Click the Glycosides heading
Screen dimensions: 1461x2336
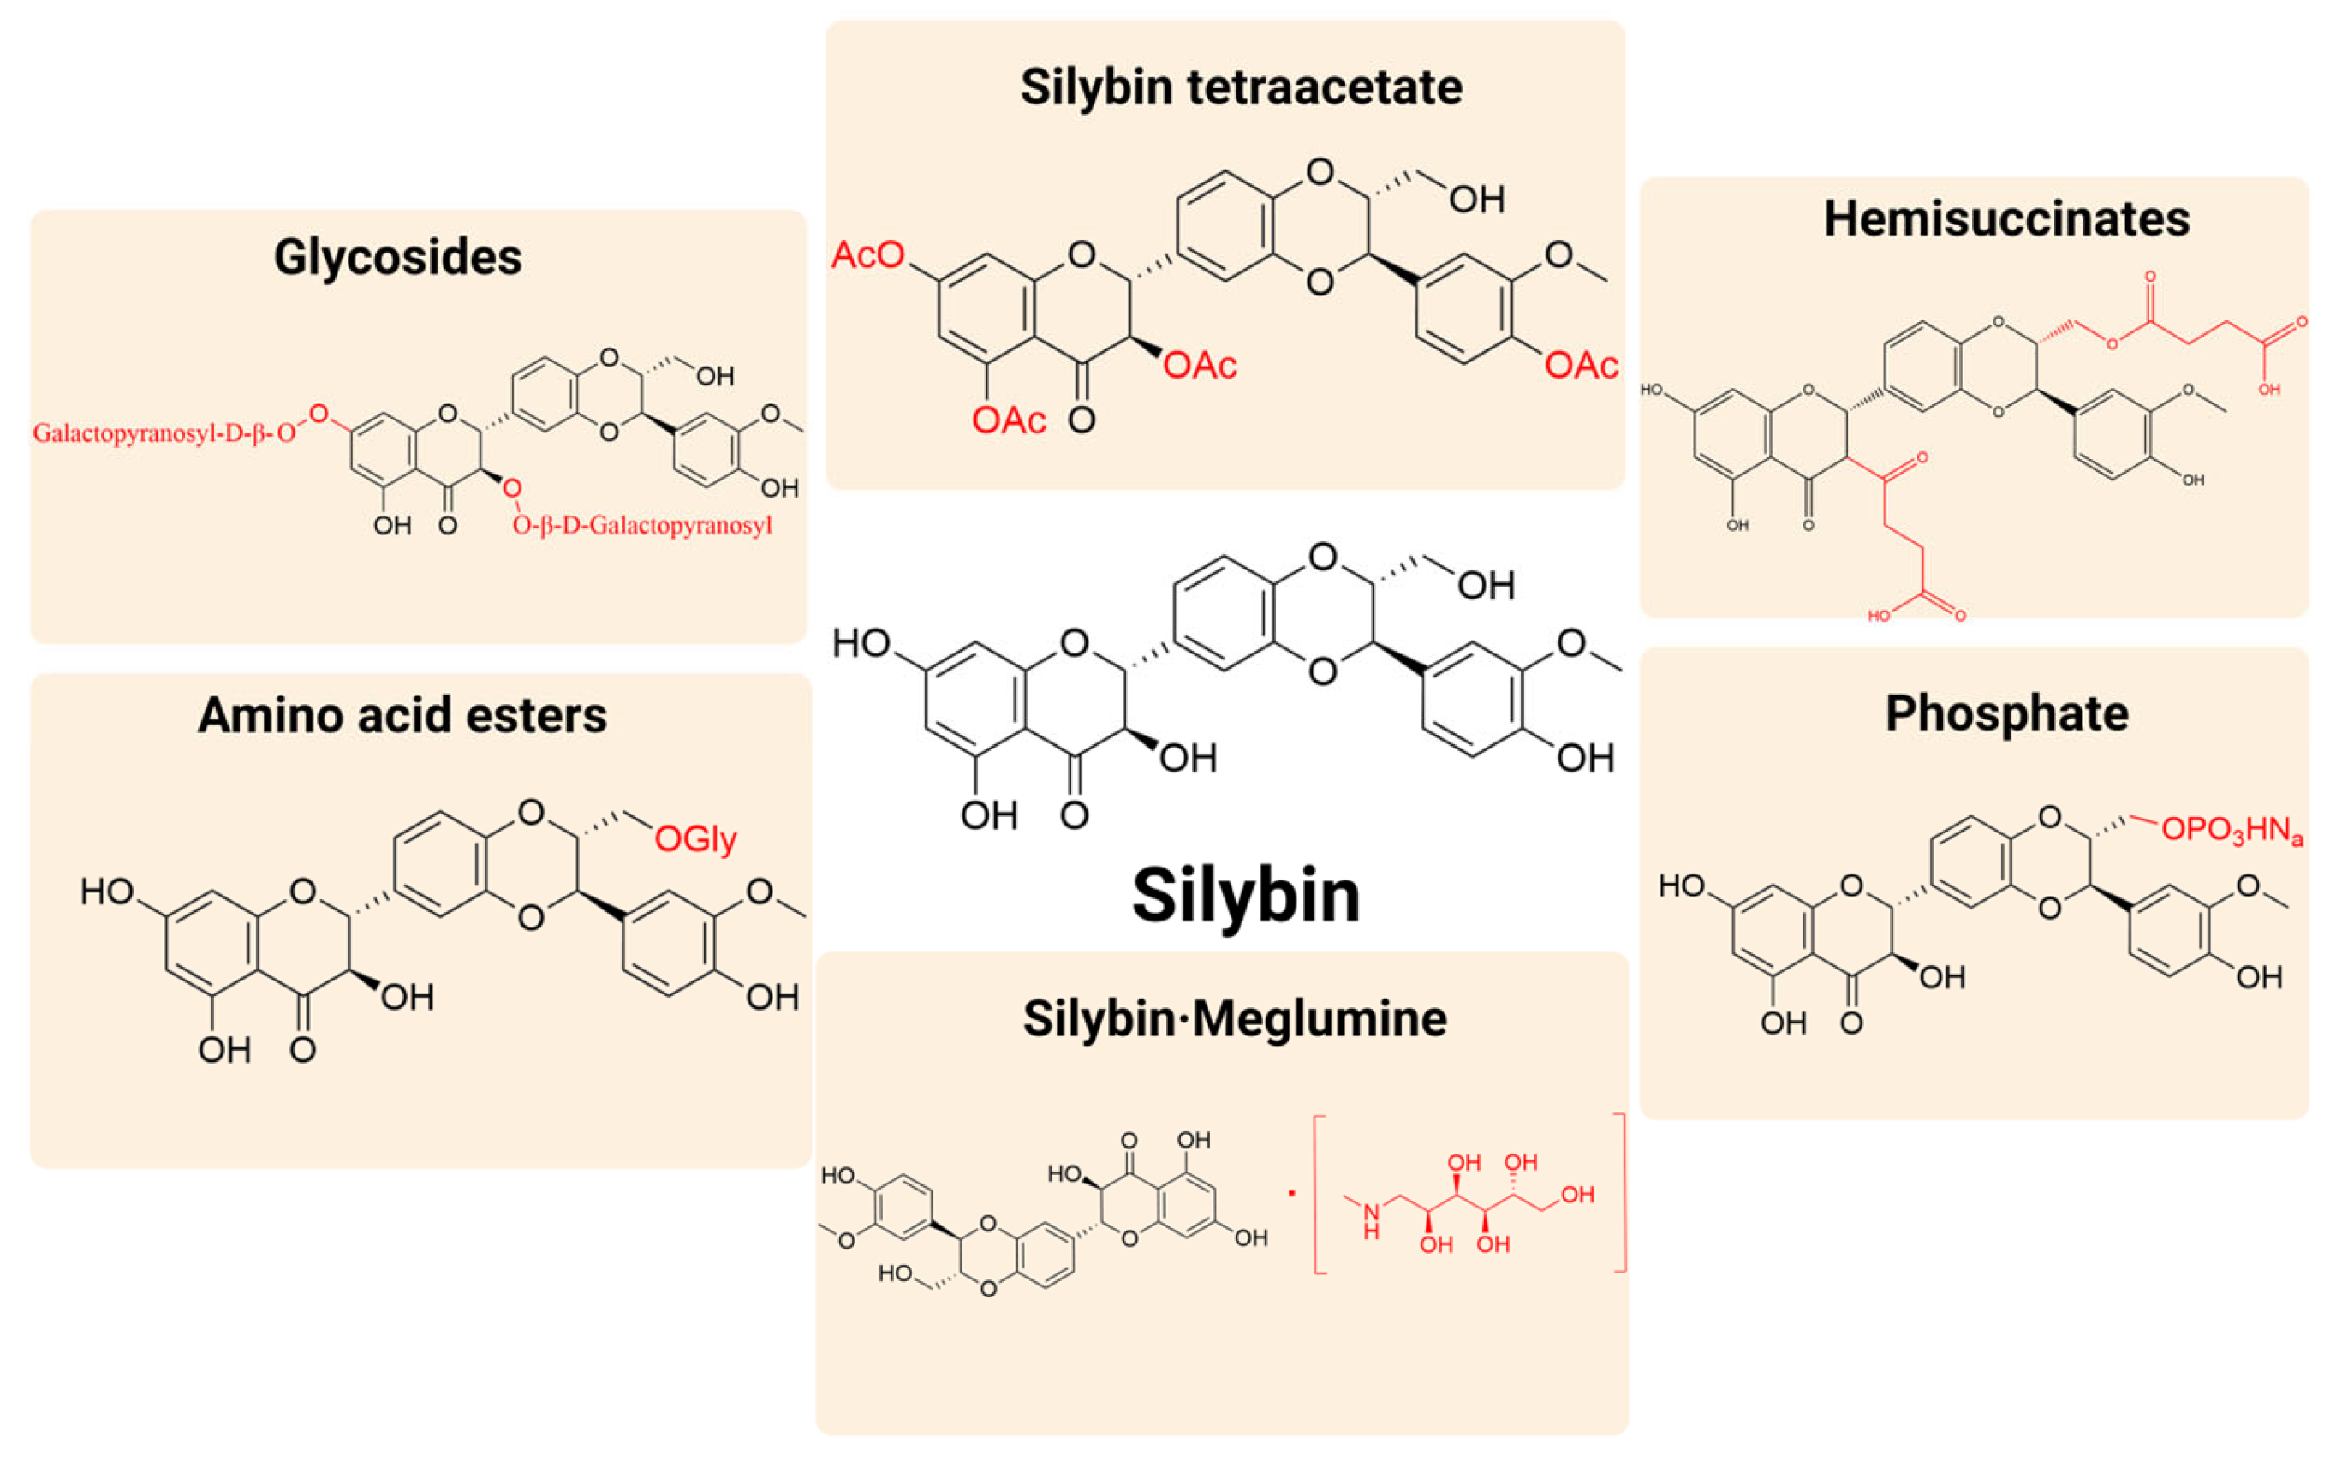397,258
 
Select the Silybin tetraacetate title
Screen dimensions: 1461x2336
1241,88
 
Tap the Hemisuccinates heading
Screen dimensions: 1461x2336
2005,219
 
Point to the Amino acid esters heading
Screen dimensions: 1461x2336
402,716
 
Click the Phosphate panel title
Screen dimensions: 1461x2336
2005,714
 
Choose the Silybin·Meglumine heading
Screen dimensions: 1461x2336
1235,1018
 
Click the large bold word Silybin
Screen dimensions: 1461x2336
1245,895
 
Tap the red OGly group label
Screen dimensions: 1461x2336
694,838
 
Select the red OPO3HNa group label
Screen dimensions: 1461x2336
2231,830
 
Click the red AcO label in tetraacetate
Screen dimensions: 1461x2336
867,255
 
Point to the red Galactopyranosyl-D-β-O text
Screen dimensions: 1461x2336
164,432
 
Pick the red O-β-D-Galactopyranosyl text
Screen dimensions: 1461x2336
642,526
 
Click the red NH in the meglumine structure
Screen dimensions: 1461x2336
1372,1222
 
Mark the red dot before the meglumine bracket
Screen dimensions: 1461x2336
1291,1192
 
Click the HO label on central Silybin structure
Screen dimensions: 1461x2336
860,643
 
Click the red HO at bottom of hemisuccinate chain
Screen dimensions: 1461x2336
1878,616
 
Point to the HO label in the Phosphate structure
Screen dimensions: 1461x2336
1681,886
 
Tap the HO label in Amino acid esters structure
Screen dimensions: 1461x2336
106,891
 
